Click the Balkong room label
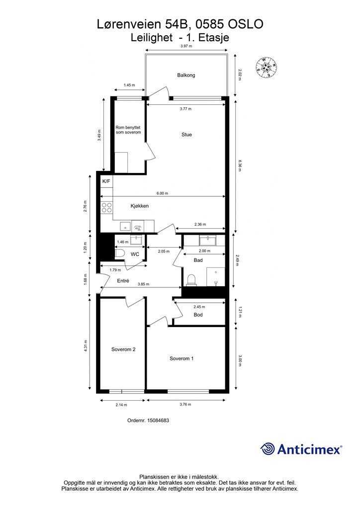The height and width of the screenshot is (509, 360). click(x=186, y=75)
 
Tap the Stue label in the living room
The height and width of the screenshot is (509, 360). click(x=186, y=134)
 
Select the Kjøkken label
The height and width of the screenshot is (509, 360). click(x=140, y=206)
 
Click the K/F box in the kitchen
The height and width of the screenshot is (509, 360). click(x=106, y=181)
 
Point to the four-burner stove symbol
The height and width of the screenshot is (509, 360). click(x=106, y=207)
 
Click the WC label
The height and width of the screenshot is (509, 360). click(x=135, y=254)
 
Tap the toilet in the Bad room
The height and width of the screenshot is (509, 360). click(x=191, y=279)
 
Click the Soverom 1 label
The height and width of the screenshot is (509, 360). click(x=181, y=358)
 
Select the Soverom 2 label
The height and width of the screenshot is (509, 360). click(x=123, y=349)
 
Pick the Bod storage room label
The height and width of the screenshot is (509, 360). click(x=198, y=315)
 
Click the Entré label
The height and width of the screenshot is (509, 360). click(x=123, y=280)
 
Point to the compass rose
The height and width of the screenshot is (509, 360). click(x=267, y=67)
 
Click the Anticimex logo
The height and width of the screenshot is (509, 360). click(x=301, y=449)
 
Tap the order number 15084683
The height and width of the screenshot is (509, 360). click(x=158, y=420)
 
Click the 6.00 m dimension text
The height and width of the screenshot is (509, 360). click(x=162, y=193)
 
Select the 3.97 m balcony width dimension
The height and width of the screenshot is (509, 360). click(x=186, y=46)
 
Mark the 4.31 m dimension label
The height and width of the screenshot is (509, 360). click(x=86, y=345)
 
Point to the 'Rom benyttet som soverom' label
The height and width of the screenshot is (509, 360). click(x=128, y=130)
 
